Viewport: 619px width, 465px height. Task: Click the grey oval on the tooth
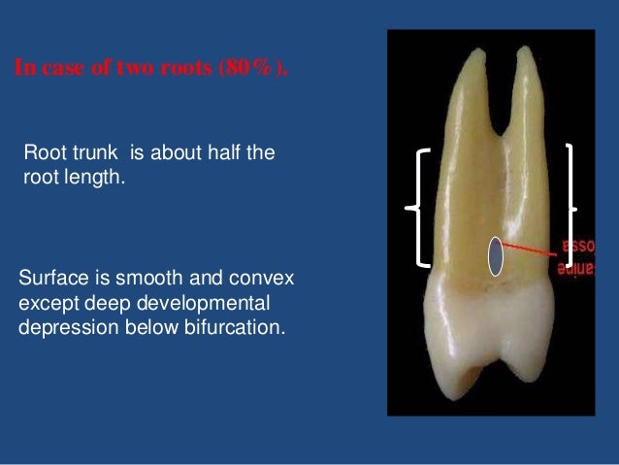click(495, 256)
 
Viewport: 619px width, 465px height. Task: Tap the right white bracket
click(570, 206)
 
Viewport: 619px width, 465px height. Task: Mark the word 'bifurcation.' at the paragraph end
click(237, 326)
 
